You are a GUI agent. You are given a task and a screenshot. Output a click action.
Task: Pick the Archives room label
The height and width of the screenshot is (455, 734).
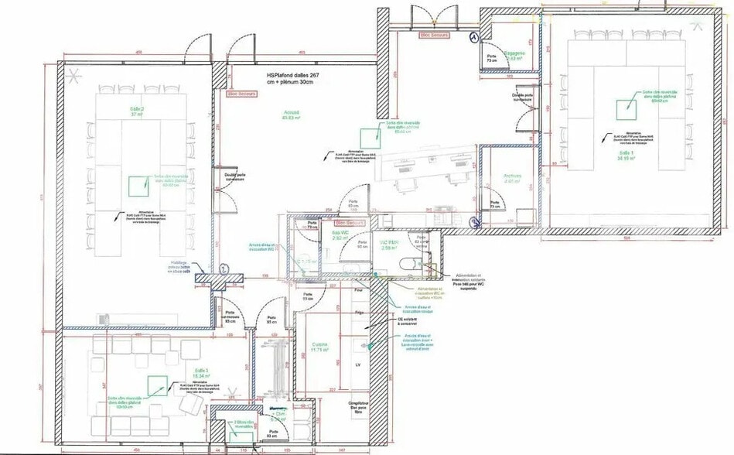point(512,178)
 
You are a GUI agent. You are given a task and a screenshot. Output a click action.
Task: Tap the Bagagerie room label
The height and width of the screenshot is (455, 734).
point(515,55)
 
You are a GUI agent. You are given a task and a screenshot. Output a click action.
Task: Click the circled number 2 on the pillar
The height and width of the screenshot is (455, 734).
point(224,268)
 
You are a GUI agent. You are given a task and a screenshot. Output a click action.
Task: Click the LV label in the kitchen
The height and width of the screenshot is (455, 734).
point(357,364)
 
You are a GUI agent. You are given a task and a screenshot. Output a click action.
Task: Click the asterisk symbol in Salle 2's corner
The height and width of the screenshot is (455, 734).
point(75,75)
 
